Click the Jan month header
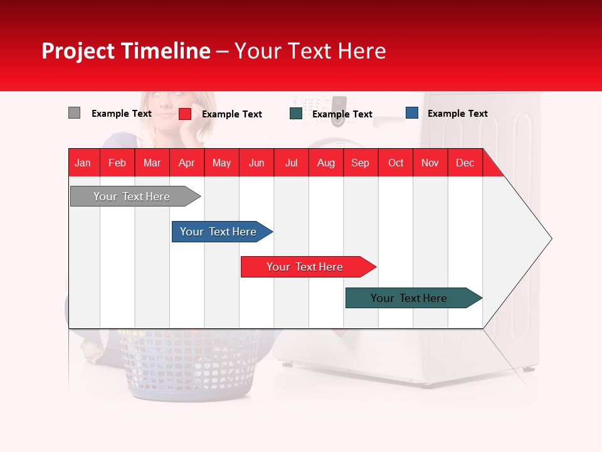point(83,163)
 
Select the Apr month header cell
point(187,163)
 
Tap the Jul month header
point(291,163)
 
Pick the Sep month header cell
point(360,163)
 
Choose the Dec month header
point(465,163)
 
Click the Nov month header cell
point(430,163)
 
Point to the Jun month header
point(256,163)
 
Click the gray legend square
point(74,113)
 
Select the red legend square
point(184,114)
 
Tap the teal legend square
point(296,114)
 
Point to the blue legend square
point(411,113)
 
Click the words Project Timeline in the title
point(125,51)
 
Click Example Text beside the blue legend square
point(457,114)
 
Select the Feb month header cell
point(117,163)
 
